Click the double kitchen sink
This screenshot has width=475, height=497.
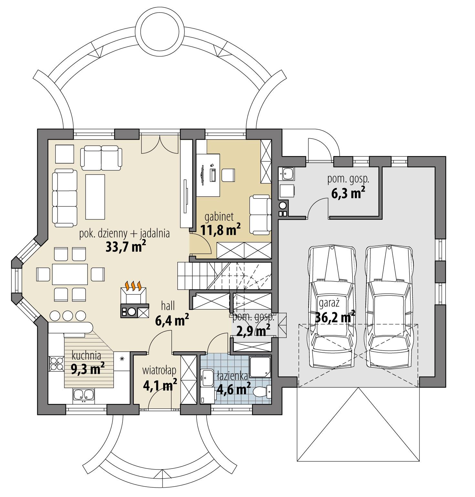[x=84, y=395]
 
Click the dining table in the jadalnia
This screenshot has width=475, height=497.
[x=70, y=274]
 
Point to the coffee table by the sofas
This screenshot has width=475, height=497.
[x=95, y=196]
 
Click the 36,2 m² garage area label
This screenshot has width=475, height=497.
[x=335, y=318]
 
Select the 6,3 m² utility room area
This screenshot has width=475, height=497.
[x=348, y=193]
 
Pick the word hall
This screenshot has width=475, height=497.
[x=168, y=305]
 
